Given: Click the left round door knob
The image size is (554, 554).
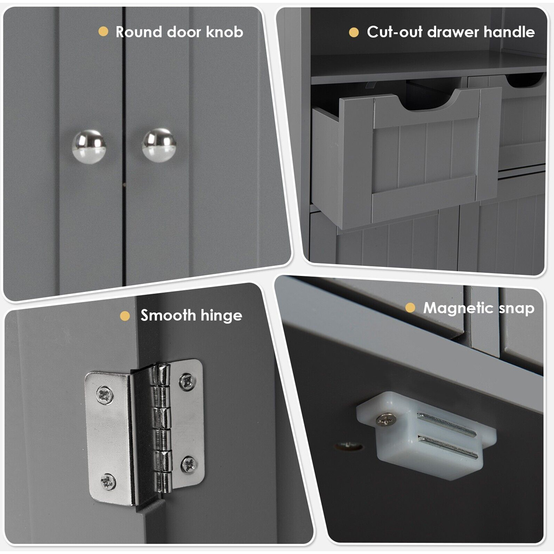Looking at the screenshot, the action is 89,147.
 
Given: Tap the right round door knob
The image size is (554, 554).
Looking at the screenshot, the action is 159,145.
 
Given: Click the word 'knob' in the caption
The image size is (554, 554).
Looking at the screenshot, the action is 224,32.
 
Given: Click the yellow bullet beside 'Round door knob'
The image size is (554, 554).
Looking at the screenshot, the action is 103,32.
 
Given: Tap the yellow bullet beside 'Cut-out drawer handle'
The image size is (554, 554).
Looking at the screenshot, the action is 353,32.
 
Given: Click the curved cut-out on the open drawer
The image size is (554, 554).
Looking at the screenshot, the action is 427,102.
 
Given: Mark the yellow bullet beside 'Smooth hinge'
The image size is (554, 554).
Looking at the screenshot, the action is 125,316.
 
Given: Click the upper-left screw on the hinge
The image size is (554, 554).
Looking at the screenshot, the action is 105,395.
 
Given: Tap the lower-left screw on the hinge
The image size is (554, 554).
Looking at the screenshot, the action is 108,481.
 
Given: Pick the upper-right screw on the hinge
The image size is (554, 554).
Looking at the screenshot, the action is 187,381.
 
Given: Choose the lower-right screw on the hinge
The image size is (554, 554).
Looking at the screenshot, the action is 189,464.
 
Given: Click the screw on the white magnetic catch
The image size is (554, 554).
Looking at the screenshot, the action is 386,419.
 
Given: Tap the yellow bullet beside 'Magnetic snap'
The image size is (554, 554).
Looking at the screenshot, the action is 410,307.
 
